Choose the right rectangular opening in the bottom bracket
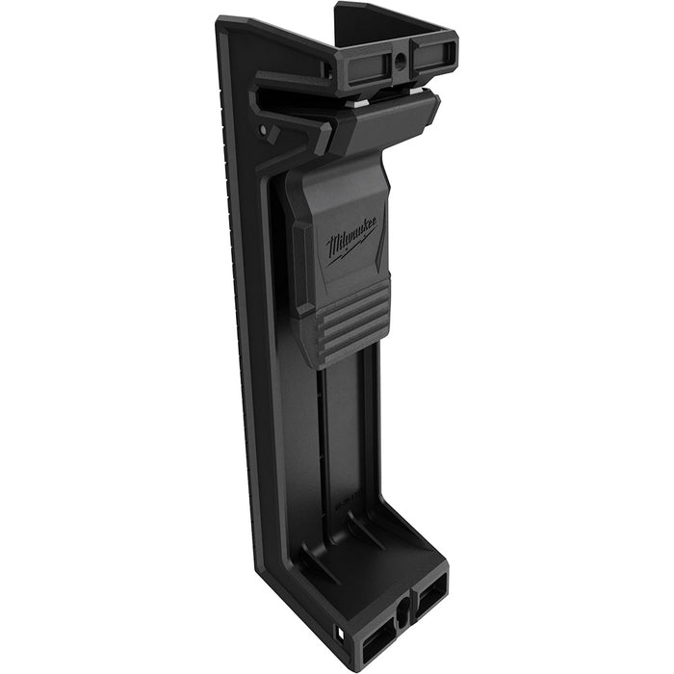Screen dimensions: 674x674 pos(430,586)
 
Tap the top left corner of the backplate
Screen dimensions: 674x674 pos(222,21)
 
